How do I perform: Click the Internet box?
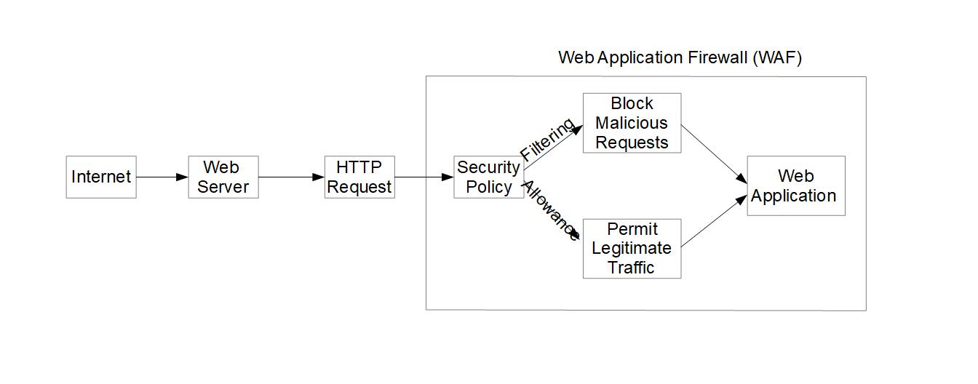coord(101,177)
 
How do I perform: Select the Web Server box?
coord(223,177)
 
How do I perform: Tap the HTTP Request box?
coord(359,177)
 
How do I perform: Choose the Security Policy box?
coord(488,177)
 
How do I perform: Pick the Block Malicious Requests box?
coord(632,123)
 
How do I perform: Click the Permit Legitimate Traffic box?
coord(632,248)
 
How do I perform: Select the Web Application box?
coord(795,185)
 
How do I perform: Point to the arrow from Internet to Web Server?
coord(162,177)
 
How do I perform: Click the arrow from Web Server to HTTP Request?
coord(291,177)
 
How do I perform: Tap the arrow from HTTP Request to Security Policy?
coord(424,177)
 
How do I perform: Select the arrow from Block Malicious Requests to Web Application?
coord(714,153)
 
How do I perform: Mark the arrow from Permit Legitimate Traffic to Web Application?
coord(714,221)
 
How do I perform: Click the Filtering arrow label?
coord(547,139)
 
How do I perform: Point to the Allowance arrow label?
coord(550,211)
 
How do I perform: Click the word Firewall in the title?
coord(717,58)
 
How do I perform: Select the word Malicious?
coord(632,123)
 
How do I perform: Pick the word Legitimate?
coord(632,248)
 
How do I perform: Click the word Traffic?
coord(632,267)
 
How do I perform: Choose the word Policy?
coord(488,187)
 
